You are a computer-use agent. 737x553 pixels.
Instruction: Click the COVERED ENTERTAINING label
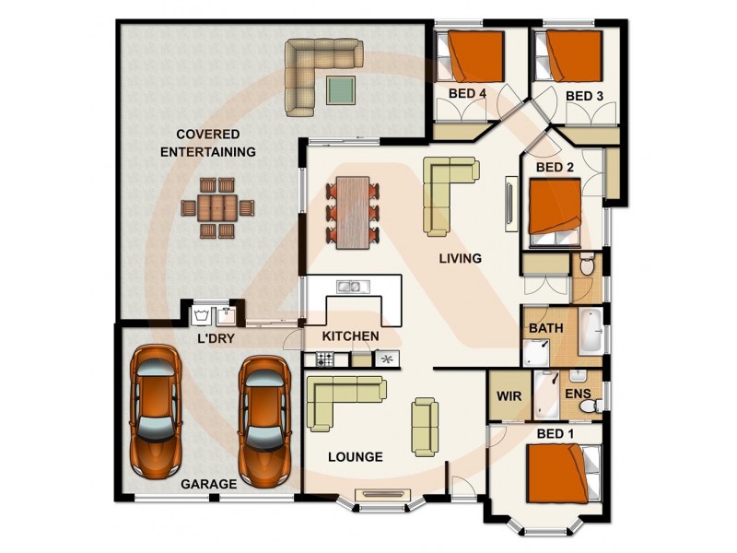point(208,142)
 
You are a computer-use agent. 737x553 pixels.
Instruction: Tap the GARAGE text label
point(208,483)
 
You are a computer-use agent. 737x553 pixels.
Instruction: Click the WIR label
point(509,395)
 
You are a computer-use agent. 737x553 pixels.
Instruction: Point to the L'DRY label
point(216,339)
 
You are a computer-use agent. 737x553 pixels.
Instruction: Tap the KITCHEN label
point(350,336)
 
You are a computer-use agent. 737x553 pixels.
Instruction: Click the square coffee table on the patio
point(341,89)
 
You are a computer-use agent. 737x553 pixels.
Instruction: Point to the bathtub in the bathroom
point(591,331)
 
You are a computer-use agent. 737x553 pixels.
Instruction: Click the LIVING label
point(460,259)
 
